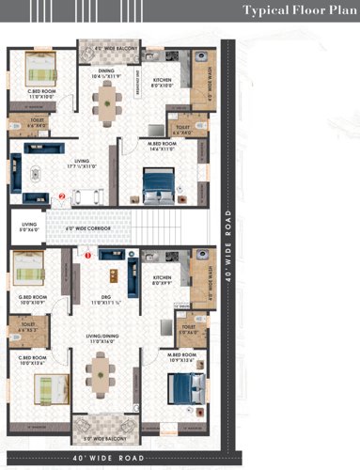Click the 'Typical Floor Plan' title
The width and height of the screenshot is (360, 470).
coord(295,11)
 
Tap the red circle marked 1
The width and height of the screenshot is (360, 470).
coord(88,253)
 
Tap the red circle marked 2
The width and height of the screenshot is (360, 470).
coord(62,197)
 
